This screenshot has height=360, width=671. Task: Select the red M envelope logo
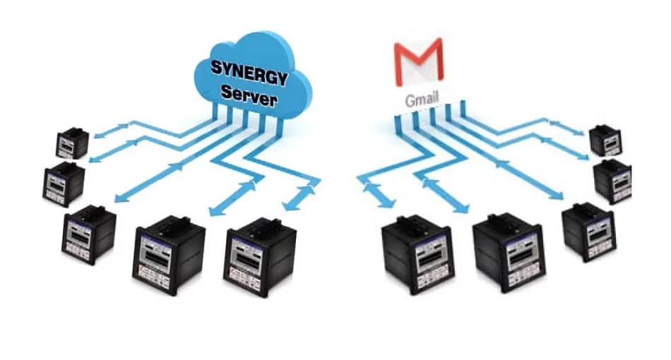coord(418,62)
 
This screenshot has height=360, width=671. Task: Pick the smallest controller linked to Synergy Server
coord(73,143)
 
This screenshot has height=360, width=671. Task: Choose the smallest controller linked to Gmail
coord(606,139)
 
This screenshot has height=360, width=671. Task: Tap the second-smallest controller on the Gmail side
coord(612,181)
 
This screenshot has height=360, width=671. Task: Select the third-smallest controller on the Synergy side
coord(88,233)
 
